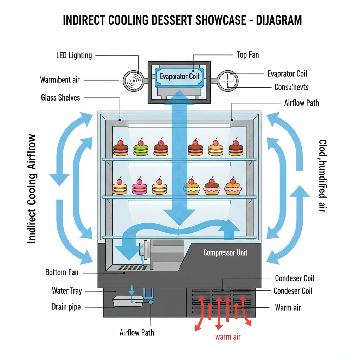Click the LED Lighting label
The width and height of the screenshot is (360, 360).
point(74,56)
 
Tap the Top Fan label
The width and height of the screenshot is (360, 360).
point(248,55)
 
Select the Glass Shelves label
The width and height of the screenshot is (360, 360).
point(60,98)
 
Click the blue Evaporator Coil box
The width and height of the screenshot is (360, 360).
point(179,76)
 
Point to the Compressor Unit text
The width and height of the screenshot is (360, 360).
point(225,252)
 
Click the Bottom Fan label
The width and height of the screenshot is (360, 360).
point(62,272)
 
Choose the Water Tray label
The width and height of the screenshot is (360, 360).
point(67,291)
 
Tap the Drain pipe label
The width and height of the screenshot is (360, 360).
point(66,307)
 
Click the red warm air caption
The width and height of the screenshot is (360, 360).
point(228,337)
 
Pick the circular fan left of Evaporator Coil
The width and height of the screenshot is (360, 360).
point(133,81)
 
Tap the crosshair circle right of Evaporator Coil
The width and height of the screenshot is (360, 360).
point(228,81)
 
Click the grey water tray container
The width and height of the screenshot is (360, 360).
point(127,302)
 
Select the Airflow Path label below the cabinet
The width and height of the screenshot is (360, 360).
point(137,332)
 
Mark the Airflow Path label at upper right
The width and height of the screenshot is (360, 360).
point(301,103)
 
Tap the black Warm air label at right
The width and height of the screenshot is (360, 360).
point(288,308)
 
